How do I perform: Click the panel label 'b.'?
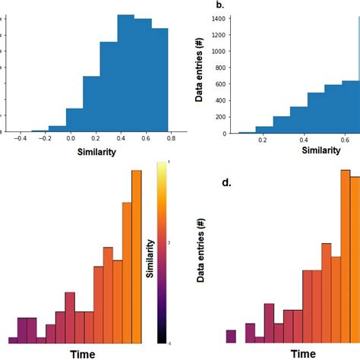point(220,5)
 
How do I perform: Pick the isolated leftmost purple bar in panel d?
point(231,336)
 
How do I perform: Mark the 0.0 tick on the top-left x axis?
point(71,140)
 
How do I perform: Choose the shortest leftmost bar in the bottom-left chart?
point(13,340)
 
